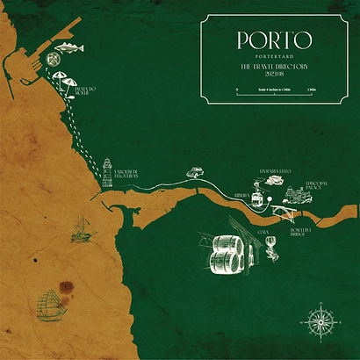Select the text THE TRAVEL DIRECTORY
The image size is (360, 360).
pyautogui.click(x=274, y=67)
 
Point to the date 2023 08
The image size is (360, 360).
pyautogui.click(x=274, y=76)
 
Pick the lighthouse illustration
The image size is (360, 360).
pyautogui.click(x=107, y=170)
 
